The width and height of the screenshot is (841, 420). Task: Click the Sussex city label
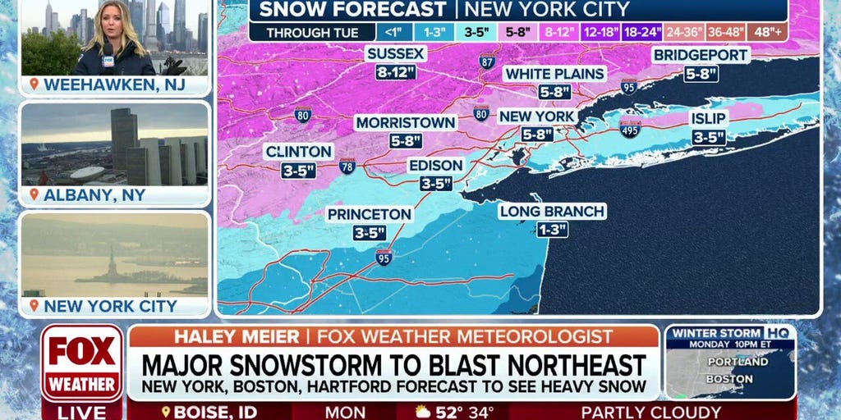[x=397, y=53]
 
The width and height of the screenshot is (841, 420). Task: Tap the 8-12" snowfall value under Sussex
[x=397, y=72]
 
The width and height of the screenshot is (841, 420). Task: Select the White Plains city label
[x=555, y=74]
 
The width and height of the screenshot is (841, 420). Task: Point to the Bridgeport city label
[x=701, y=55]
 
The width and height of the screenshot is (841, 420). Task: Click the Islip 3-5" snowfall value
[x=708, y=137]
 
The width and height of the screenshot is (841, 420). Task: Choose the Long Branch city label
[x=552, y=212]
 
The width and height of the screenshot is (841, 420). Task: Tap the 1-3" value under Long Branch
[x=552, y=230]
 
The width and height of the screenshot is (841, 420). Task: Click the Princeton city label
[x=369, y=214]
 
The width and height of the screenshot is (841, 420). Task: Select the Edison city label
[x=435, y=165]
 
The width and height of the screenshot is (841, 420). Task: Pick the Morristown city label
[x=406, y=122]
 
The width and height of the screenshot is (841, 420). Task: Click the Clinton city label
[x=298, y=152]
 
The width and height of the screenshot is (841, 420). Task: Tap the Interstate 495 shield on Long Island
[x=630, y=128]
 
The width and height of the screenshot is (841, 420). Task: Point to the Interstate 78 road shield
[x=347, y=166]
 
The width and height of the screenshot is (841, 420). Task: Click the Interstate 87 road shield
[x=487, y=61]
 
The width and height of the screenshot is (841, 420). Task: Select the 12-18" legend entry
[x=602, y=33]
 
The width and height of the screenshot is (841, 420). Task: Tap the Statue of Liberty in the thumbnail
[x=110, y=265]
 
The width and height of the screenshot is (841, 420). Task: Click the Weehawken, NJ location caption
[x=114, y=84]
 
